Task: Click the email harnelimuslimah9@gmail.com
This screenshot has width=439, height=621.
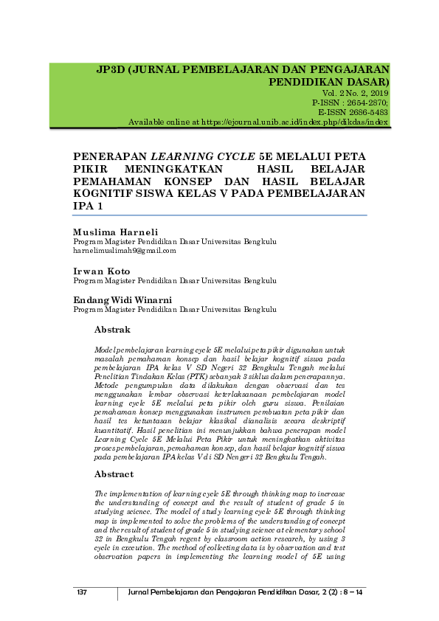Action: coord(125,251)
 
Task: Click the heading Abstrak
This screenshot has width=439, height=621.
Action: coord(113,329)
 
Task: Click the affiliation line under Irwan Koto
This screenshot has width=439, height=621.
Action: coord(175,281)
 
